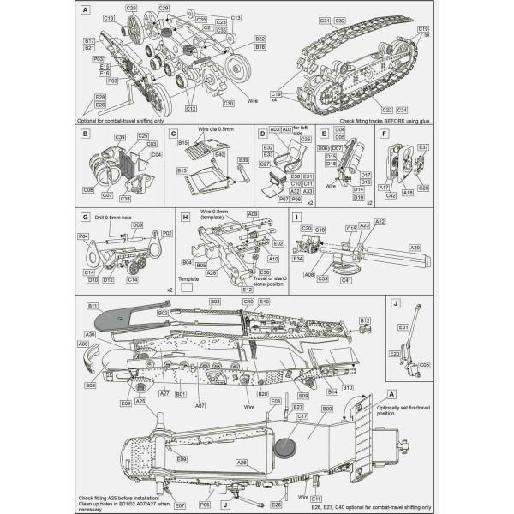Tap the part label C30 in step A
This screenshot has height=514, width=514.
tap(228, 104)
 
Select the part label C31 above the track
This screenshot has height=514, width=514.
tap(325, 19)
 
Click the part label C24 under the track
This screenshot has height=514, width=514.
tap(403, 111)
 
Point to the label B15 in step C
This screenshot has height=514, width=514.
tap(182, 142)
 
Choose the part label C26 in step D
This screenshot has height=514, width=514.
tap(306, 139)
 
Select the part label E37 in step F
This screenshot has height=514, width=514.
tap(423, 146)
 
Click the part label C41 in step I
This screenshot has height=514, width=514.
tap(347, 280)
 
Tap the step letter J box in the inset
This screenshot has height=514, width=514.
tap(393, 302)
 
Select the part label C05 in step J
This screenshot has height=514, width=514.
tap(424, 364)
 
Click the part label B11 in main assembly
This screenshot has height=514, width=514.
tap(93, 306)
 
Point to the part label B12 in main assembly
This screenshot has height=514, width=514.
tap(364, 320)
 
